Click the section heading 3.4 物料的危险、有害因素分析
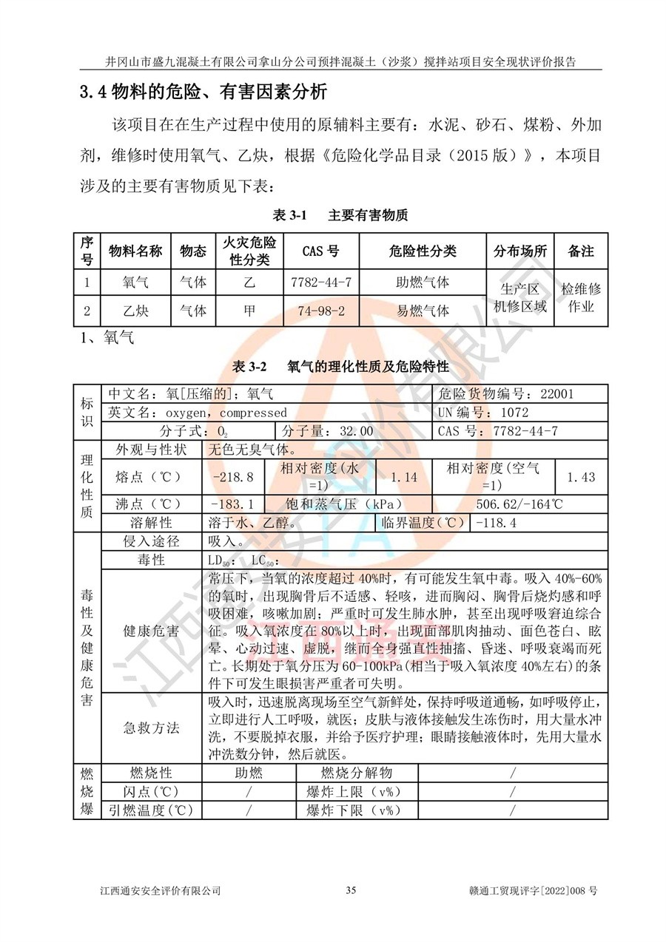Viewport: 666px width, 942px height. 203,92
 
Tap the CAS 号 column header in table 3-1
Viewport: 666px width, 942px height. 321,251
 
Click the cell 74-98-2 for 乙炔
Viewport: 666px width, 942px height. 321,311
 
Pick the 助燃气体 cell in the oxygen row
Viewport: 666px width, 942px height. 423,282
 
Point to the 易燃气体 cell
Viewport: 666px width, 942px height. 423,311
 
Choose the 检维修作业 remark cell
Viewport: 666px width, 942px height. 581,297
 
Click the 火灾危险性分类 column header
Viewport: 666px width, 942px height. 249,251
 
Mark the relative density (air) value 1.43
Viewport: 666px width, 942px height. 581,477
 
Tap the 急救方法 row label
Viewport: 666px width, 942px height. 151,728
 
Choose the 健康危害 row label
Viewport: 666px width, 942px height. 151,631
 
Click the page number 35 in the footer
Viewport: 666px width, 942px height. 351,890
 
